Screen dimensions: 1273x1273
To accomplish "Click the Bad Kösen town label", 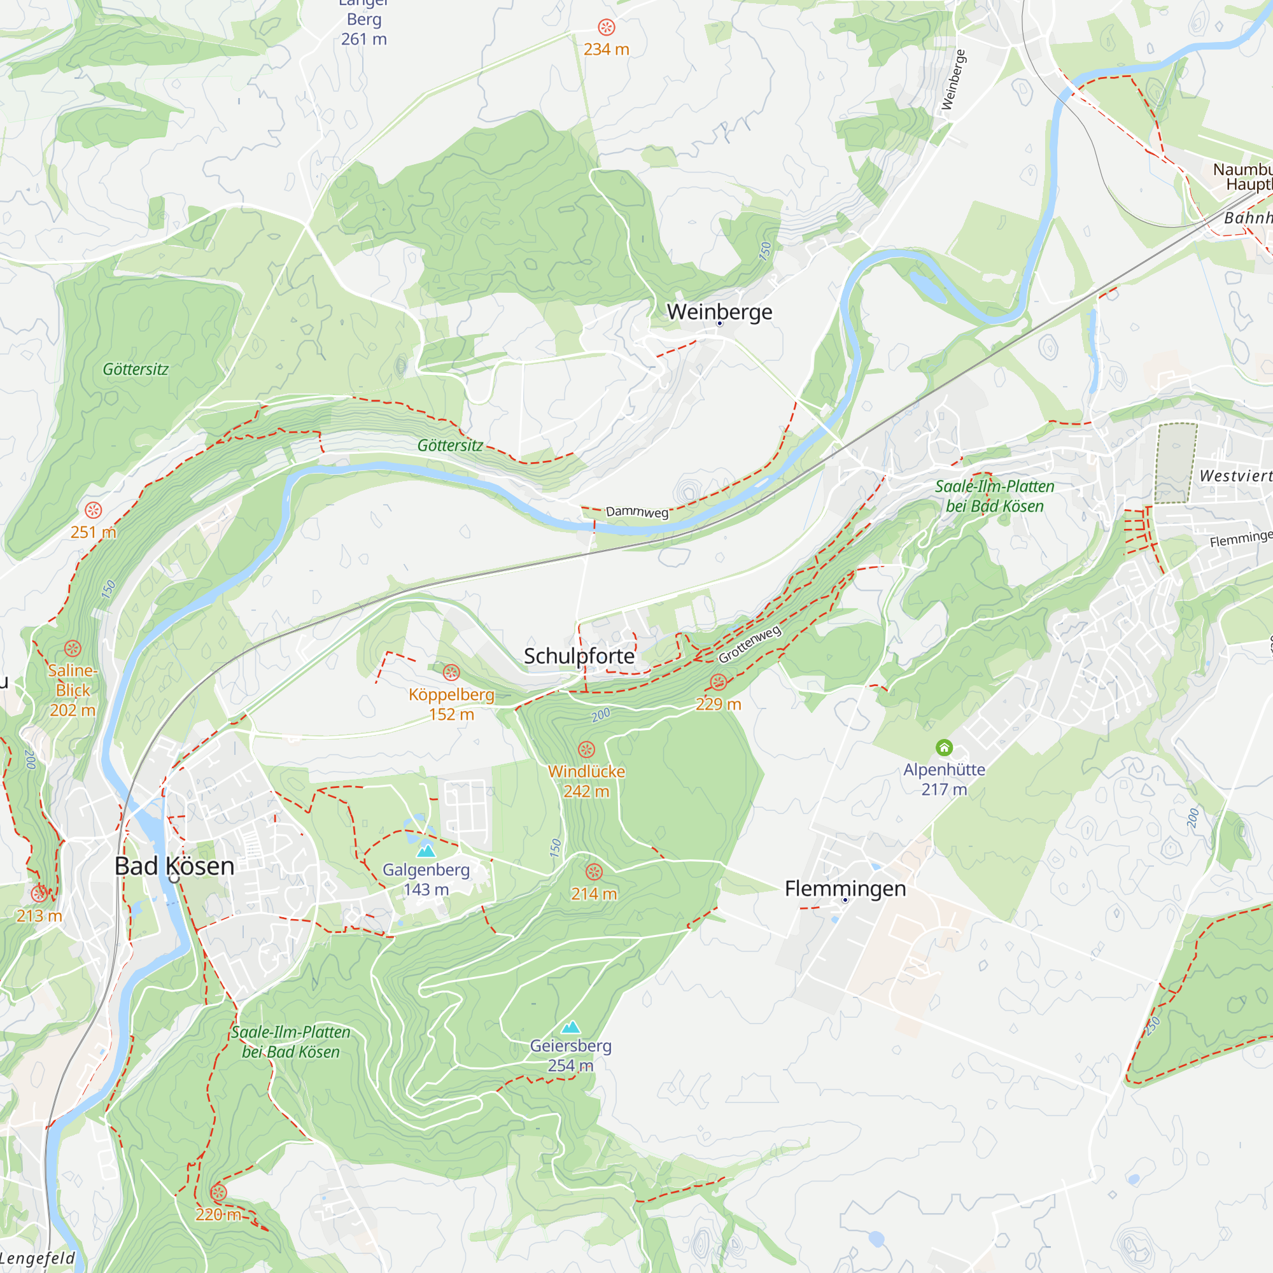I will point(174,866).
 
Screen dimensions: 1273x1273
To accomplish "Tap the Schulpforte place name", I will point(579,656).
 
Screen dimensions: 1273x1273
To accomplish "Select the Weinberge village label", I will point(719,312).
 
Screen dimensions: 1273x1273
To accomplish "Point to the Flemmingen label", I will point(845,888).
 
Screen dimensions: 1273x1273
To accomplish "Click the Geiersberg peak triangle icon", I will point(570,1027).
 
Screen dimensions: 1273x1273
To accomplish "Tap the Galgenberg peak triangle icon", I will point(426,851).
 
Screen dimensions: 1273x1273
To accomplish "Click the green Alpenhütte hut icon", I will point(944,747).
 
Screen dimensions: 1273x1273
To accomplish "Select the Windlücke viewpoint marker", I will point(586,750).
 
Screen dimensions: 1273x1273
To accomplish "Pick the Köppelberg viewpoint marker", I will point(451,673).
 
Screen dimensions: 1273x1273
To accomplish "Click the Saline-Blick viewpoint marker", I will point(73,649).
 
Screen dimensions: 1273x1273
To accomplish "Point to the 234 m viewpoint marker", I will point(606,27).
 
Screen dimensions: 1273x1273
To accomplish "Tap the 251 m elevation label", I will point(94,531).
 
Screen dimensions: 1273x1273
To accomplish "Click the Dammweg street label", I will point(636,512).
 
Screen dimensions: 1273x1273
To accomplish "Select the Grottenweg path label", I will point(750,644).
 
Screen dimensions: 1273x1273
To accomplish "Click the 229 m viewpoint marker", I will point(718,682).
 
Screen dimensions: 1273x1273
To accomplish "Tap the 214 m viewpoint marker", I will point(594,873).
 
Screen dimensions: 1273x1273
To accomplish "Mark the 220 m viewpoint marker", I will point(218,1193).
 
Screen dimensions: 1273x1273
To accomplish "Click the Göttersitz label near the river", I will point(450,446).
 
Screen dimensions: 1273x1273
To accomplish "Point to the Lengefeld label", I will point(38,1258).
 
